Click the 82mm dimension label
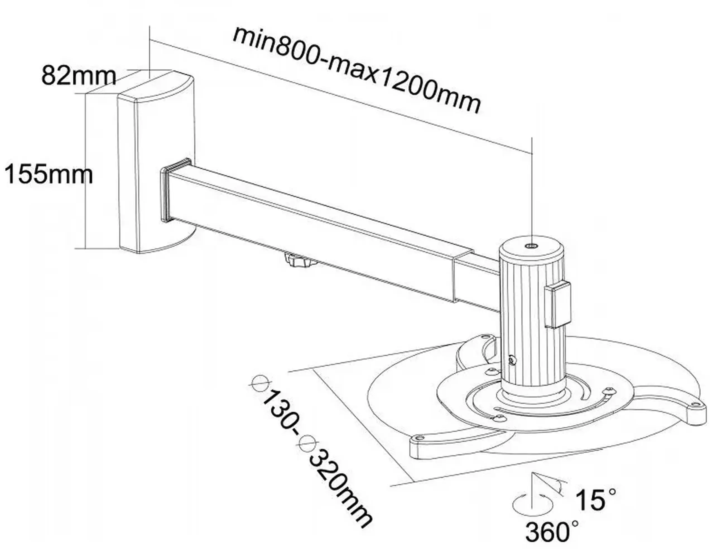click(78, 76)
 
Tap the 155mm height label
click(49, 174)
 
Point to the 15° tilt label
click(595, 499)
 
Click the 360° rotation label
click(552, 532)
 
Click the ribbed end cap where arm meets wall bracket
click(176, 190)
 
